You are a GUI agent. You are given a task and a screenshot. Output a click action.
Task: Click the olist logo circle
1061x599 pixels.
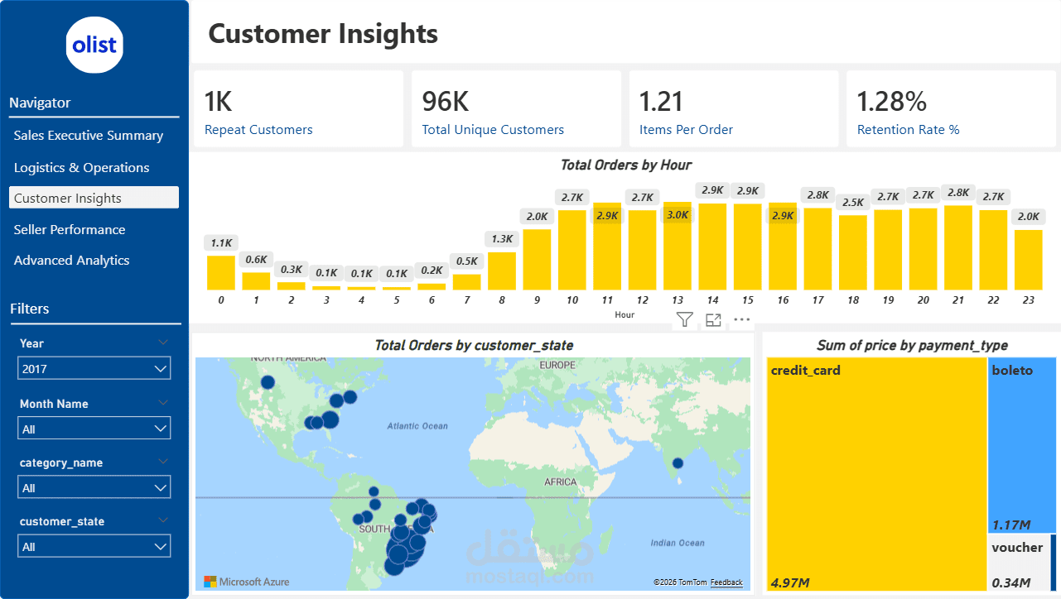coord(94,45)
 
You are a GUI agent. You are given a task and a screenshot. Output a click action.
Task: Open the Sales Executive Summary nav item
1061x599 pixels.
coord(89,135)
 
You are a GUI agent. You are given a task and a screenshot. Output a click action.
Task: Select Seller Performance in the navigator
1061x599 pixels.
coord(70,229)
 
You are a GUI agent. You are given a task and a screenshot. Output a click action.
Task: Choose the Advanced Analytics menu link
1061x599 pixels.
coord(72,260)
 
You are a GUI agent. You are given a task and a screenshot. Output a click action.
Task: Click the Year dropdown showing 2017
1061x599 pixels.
coord(94,368)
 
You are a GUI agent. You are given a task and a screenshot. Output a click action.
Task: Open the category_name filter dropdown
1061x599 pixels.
coord(94,488)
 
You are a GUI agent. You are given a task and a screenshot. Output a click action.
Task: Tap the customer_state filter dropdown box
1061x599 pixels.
coord(94,547)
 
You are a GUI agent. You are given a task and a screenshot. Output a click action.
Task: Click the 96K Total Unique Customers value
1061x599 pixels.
coord(446,101)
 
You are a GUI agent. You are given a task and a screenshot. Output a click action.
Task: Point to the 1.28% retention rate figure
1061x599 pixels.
coord(891,101)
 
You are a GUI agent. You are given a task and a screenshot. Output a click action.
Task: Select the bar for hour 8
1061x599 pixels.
coord(502,271)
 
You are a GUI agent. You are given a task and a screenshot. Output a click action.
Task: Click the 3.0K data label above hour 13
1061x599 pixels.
coord(678,215)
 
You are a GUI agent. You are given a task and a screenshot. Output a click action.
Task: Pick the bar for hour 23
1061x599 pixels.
coord(1028,259)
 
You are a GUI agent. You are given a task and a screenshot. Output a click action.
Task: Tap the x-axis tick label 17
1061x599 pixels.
coord(817,300)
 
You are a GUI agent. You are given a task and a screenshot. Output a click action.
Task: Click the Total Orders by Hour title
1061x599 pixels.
coord(625,165)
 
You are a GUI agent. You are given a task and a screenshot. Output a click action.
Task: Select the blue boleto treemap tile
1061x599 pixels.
coord(1021,447)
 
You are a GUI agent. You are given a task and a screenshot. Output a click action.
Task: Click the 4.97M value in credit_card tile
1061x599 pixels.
coord(790,582)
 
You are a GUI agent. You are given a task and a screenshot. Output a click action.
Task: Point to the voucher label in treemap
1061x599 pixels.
coord(1017,547)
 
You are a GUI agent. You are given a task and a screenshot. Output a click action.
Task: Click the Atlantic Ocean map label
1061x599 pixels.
coord(417,426)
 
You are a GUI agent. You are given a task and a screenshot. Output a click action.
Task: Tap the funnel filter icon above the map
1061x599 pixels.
coord(684,319)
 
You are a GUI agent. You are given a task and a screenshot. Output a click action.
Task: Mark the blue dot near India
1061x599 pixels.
coord(678,463)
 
